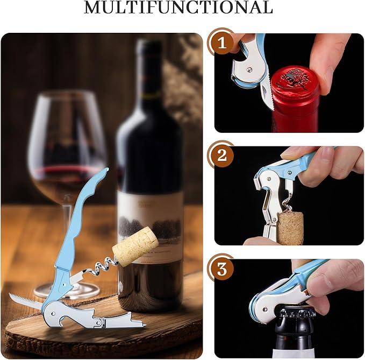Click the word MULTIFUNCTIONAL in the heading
coord(178,8)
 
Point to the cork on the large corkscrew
coord(135,246)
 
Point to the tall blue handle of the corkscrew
coord(81,226)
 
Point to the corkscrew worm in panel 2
coord(291,202)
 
